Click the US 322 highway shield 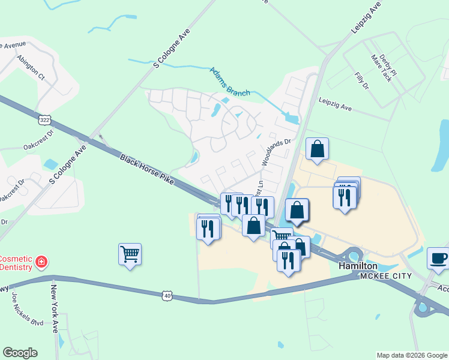(x=44, y=120)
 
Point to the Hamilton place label (x=358, y=265)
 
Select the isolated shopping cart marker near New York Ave (x=130, y=254)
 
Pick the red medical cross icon (x=41, y=262)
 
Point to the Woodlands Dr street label (x=276, y=153)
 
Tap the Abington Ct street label (x=31, y=68)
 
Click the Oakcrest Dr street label (x=38, y=146)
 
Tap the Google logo (x=20, y=353)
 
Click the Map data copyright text (x=411, y=355)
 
